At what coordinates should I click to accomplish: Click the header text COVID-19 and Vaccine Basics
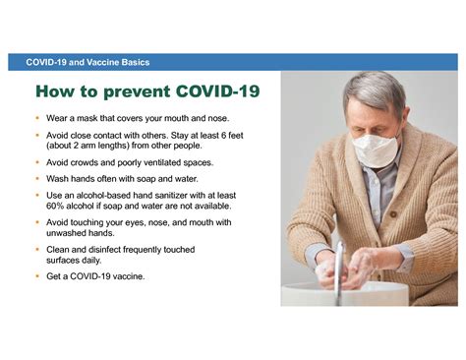[89, 62]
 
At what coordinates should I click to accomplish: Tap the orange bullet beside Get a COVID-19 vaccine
[38, 276]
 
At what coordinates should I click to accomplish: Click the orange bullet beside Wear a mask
[38, 119]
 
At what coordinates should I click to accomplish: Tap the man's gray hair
[375, 91]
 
